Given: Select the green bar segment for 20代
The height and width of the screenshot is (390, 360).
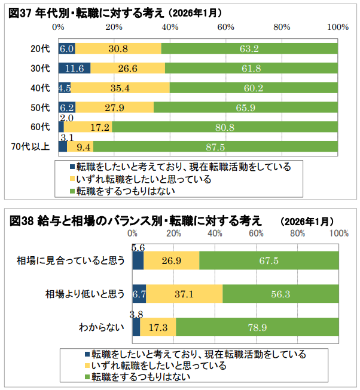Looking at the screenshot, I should click(x=249, y=48).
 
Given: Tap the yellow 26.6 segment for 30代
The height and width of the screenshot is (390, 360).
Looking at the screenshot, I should click(x=128, y=68).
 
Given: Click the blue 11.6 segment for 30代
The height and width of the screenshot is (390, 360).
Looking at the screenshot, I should click(x=74, y=68).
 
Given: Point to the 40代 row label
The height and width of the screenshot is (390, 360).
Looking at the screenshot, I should click(x=40, y=88).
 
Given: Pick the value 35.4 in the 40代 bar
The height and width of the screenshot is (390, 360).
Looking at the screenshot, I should click(x=120, y=88).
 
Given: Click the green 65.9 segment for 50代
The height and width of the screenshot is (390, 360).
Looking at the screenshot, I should click(x=246, y=108).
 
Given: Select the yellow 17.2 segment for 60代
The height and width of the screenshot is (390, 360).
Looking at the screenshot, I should click(x=88, y=127).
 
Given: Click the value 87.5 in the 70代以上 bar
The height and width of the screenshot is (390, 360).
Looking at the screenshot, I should click(x=215, y=147).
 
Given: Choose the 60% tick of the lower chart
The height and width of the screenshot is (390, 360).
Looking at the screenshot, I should click(x=257, y=233).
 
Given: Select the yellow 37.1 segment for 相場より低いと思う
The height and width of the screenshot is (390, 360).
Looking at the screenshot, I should click(x=184, y=293).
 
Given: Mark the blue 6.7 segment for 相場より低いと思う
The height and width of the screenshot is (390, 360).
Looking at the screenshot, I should click(x=139, y=293).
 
